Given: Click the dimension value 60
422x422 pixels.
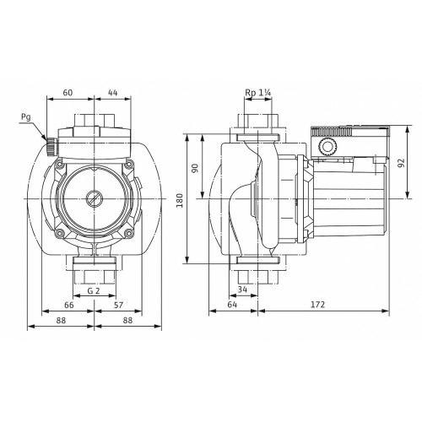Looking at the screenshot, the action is pyautogui.click(x=68, y=93).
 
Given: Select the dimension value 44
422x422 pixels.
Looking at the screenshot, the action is pyautogui.click(x=113, y=93).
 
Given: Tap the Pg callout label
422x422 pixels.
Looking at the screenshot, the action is pyautogui.click(x=26, y=117).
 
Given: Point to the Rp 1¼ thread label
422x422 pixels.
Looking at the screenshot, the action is pyautogui.click(x=257, y=93).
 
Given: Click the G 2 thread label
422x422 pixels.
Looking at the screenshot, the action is pyautogui.click(x=94, y=290).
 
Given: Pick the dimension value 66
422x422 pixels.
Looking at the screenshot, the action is pyautogui.click(x=69, y=305).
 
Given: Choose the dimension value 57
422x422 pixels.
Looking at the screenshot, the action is pyautogui.click(x=118, y=305).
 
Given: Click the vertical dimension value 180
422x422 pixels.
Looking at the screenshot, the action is pyautogui.click(x=180, y=200).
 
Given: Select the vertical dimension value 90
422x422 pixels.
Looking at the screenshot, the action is pyautogui.click(x=195, y=168).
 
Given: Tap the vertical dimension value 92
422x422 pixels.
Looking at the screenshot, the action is pyautogui.click(x=402, y=163).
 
